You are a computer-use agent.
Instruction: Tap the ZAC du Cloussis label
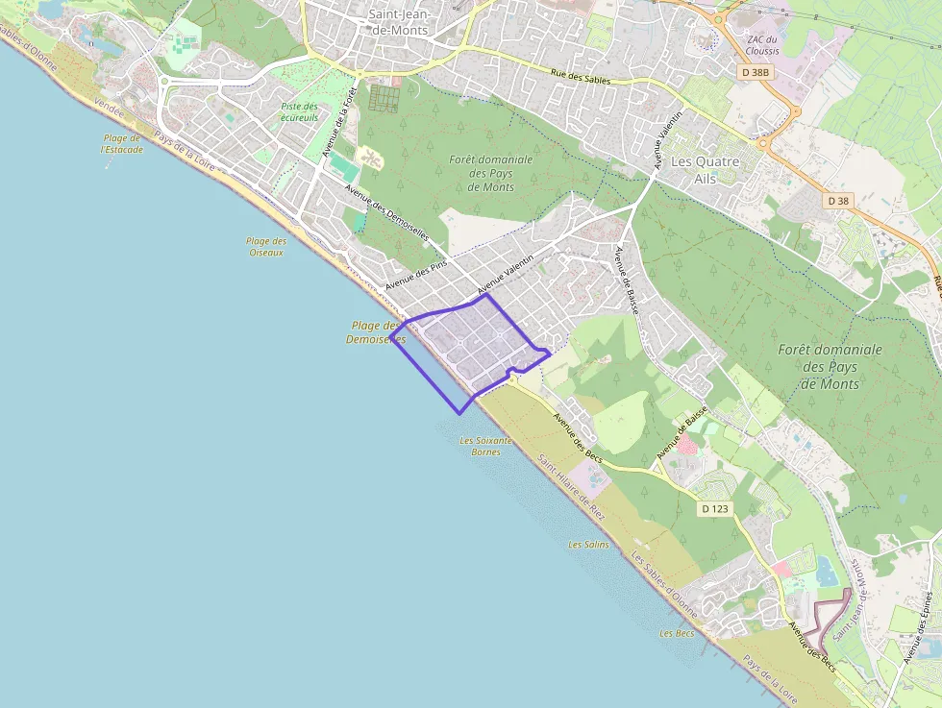[x=763, y=45]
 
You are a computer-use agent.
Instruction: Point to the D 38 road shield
[x=838, y=201]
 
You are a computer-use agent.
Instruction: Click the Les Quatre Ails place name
[x=706, y=170]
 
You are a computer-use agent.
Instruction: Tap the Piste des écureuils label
[x=299, y=111]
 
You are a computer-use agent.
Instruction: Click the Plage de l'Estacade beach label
[x=122, y=144]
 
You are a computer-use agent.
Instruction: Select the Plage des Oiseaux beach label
[x=266, y=247]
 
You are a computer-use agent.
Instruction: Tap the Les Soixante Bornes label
[x=486, y=446]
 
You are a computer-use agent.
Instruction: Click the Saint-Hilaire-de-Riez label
[x=571, y=487]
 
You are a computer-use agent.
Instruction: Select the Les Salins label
[x=588, y=545]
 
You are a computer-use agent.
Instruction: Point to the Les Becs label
[x=677, y=634]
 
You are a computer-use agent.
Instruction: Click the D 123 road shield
[x=714, y=508]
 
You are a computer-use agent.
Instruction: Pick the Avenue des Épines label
[x=918, y=624]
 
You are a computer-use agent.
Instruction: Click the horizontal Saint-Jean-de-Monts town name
[x=398, y=22]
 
